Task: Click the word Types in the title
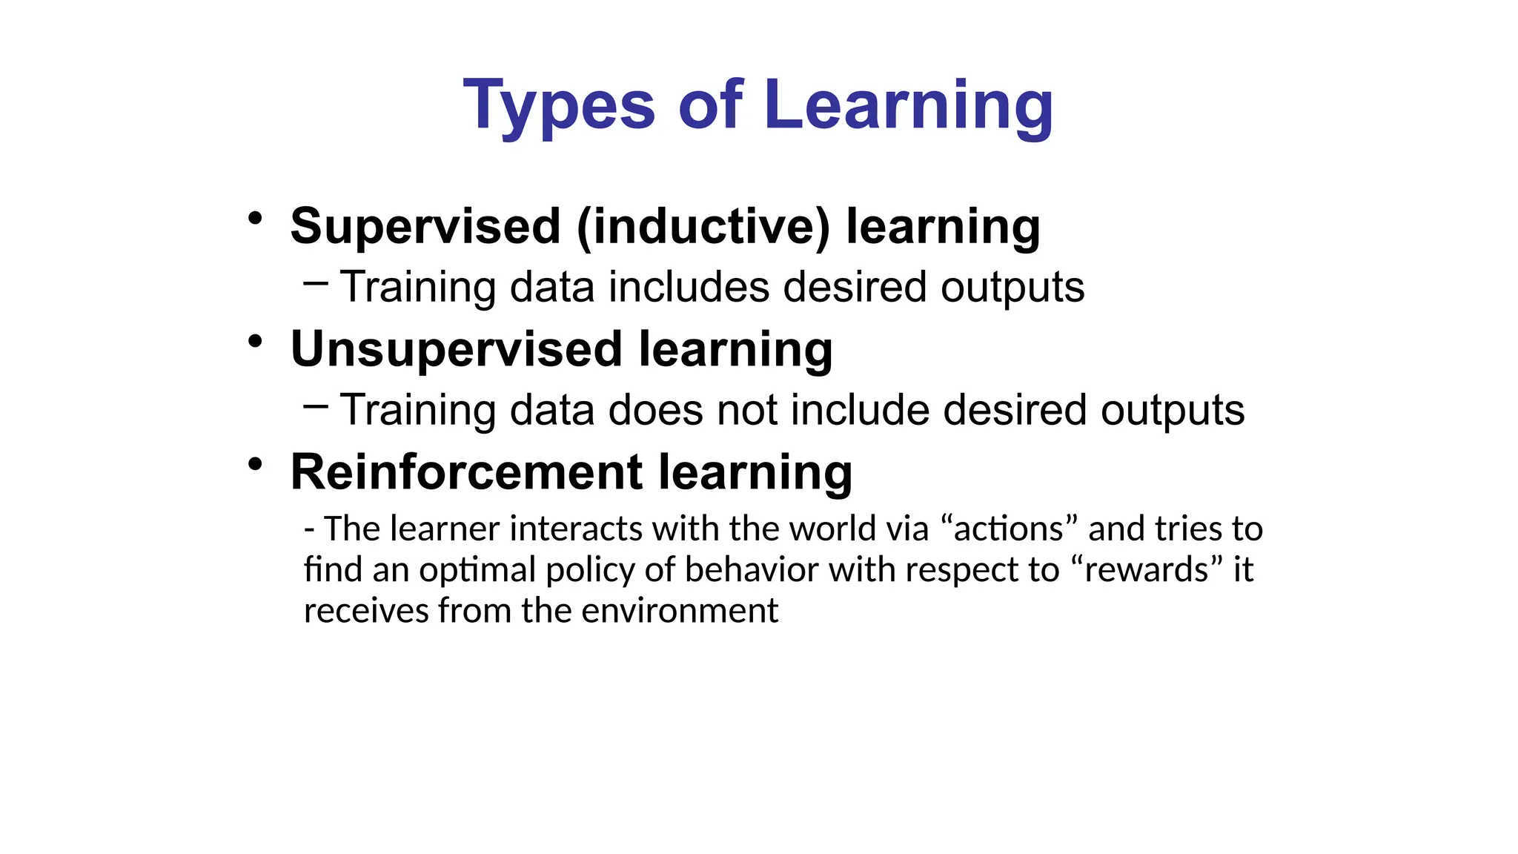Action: [x=559, y=106]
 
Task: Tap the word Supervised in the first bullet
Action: [x=425, y=226]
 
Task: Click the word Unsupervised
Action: [x=456, y=349]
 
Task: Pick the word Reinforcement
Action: [x=466, y=472]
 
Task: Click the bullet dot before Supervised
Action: [x=256, y=219]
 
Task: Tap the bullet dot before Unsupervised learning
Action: [x=256, y=342]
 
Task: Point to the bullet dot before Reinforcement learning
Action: [x=256, y=465]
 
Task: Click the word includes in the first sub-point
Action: [x=689, y=288]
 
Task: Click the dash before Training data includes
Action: [x=316, y=282]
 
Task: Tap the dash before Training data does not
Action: [x=316, y=405]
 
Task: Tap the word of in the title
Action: [x=709, y=106]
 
